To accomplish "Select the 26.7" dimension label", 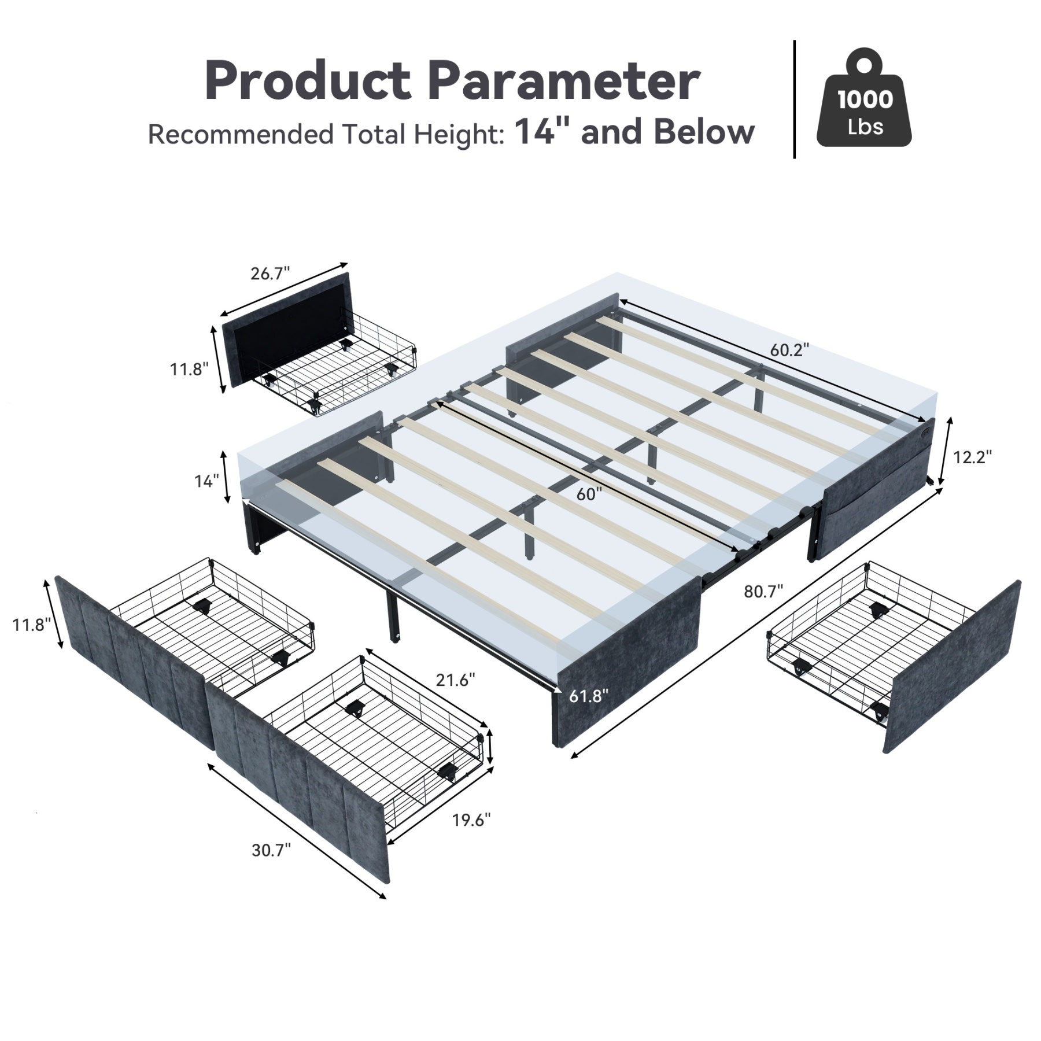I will point(270,273).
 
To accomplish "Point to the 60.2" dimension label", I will point(789,350).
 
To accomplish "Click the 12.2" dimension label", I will point(972,457).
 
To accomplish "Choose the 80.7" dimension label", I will point(763,591).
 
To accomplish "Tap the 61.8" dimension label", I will point(589,696).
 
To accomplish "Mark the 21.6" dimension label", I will point(456,680).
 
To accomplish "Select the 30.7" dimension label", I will point(271,850).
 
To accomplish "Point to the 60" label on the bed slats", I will point(589,494).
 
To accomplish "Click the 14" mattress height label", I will point(206,481).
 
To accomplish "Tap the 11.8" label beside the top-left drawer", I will point(189,369).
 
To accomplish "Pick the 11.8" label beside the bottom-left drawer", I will point(32,625).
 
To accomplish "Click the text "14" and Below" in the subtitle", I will point(634,132).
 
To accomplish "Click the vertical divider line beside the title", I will point(795,98).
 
